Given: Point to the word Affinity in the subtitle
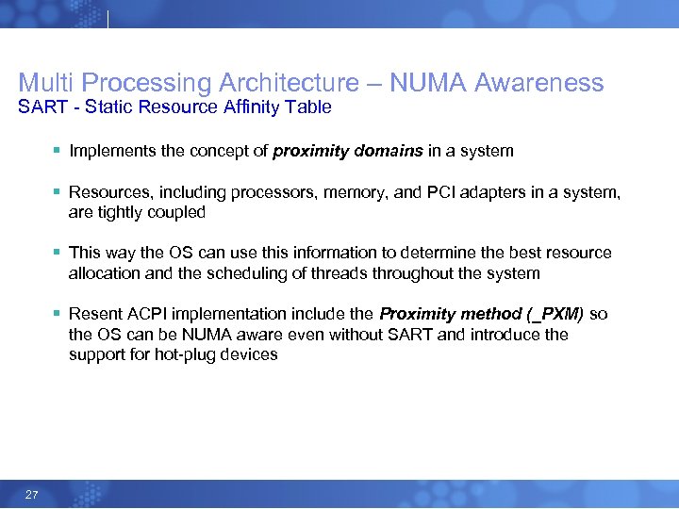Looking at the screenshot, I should click(246, 107).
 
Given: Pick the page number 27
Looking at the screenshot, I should click(32, 495).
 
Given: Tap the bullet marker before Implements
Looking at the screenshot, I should click(58, 151).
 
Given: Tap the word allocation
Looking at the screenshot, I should click(105, 273).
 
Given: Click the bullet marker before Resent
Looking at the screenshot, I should click(58, 314).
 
